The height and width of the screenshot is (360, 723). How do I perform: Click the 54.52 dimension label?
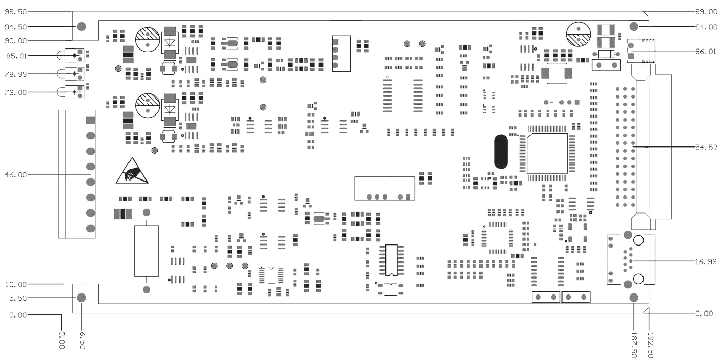tap(706, 147)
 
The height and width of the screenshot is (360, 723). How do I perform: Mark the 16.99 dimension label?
tap(706, 262)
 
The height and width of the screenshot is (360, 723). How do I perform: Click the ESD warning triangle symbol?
tap(132, 172)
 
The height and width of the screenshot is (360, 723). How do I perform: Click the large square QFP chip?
tap(547, 153)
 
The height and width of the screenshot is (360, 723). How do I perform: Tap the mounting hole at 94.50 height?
tap(81, 27)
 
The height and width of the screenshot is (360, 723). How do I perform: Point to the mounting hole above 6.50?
tap(82, 298)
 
